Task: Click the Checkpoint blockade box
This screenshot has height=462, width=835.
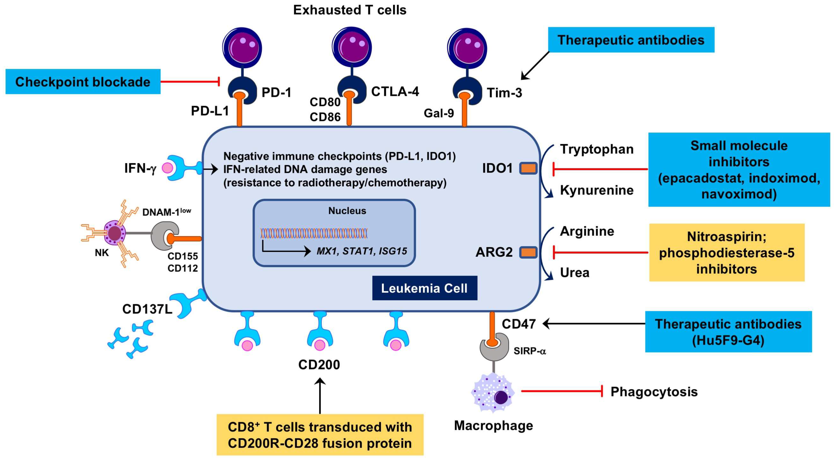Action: (x=83, y=82)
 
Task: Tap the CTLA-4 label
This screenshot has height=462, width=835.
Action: (x=395, y=92)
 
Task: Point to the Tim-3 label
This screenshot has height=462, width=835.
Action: (x=504, y=93)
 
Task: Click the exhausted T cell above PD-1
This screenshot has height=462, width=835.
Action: (x=242, y=48)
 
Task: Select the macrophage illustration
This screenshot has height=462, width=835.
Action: (x=493, y=393)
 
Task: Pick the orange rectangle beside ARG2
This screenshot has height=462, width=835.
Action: (x=528, y=252)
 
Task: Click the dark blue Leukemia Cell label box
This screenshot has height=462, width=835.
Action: (x=424, y=288)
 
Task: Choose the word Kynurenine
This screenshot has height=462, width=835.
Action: (x=597, y=190)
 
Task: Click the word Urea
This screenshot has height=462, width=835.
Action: (x=574, y=273)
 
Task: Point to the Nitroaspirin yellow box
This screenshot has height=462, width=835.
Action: (x=726, y=252)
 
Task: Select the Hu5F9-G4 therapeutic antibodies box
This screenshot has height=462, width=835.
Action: (x=728, y=332)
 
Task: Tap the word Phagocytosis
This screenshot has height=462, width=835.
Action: (x=654, y=392)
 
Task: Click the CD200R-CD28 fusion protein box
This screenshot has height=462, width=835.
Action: (x=320, y=435)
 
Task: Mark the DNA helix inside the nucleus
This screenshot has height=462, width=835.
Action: (x=314, y=233)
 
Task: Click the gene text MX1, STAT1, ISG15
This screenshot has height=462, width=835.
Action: (x=361, y=251)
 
